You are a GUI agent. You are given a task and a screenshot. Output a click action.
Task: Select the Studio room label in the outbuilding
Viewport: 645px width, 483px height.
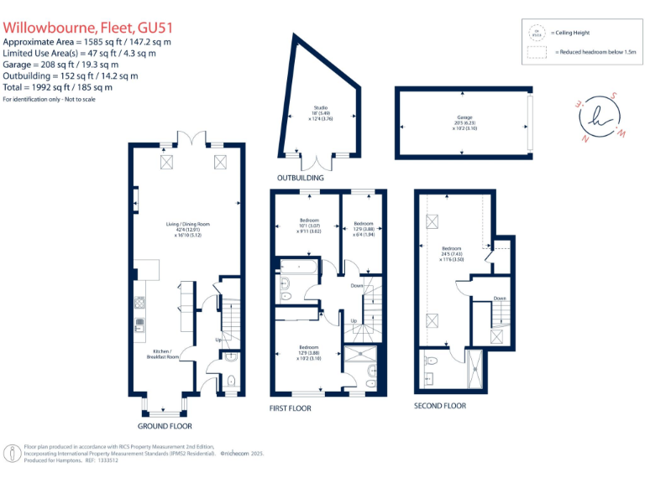[x=320, y=112]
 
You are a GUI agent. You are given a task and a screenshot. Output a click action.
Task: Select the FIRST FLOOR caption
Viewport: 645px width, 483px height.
[x=290, y=408]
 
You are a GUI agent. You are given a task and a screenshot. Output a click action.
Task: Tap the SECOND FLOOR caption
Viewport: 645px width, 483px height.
[x=440, y=406]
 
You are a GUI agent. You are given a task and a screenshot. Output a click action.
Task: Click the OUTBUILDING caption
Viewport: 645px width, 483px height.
[x=300, y=179]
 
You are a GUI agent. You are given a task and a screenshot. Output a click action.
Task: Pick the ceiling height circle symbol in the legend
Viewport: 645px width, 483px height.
[x=535, y=32]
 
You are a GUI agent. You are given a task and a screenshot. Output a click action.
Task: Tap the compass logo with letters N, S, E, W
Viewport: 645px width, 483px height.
[x=599, y=117]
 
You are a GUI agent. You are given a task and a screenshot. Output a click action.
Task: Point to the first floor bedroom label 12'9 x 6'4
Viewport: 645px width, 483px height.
[x=363, y=229]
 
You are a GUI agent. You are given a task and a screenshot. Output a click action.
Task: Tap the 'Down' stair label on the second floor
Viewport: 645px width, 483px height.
[x=500, y=298]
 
